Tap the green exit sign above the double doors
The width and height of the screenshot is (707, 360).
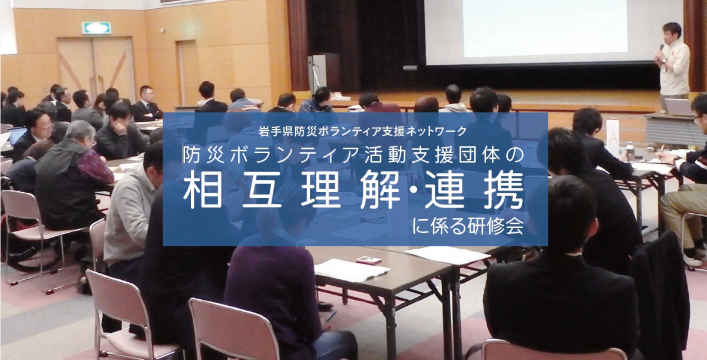pyautogui.click(x=96, y=28)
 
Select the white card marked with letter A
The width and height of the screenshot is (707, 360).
pyautogui.click(x=613, y=137)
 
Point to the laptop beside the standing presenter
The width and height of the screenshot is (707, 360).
pyautogui.click(x=678, y=107)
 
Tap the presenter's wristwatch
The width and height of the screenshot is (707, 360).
pyautogui.click(x=665, y=61)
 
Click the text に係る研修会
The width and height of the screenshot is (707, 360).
pyautogui.click(x=468, y=226)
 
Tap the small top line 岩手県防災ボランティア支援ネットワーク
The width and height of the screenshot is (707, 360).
pyautogui.click(x=362, y=131)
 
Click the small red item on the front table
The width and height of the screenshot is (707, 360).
pyautogui.click(x=368, y=260)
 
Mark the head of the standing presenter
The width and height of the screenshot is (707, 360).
pyautogui.click(x=672, y=32)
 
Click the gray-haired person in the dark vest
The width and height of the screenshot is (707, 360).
pyautogui.click(x=72, y=175)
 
